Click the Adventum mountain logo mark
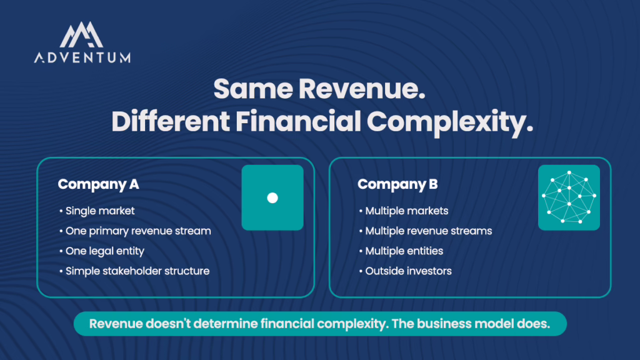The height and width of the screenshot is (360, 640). click(x=81, y=35)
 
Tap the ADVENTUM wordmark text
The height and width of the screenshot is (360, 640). click(x=82, y=57)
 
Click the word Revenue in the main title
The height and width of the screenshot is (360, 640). click(x=362, y=89)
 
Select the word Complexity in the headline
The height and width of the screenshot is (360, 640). click(x=450, y=122)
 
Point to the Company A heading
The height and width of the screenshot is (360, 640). click(x=98, y=184)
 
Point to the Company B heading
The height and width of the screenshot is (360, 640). click(x=397, y=184)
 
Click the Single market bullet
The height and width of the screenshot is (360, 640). click(x=97, y=211)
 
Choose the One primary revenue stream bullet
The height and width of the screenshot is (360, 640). click(x=135, y=231)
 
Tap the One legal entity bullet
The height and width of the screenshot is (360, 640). click(x=102, y=251)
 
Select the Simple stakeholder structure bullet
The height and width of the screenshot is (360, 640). click(x=134, y=271)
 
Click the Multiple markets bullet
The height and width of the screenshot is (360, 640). click(x=404, y=211)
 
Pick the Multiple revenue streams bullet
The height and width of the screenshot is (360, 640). click(x=425, y=231)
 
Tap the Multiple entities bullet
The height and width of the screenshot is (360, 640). click(x=401, y=251)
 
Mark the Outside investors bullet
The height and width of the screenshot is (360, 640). click(x=405, y=271)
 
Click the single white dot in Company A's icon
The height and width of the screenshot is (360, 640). click(x=272, y=198)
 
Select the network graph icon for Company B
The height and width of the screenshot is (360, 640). click(x=569, y=197)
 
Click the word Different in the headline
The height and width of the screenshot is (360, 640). click(x=171, y=122)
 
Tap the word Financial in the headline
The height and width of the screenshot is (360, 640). click(x=298, y=122)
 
